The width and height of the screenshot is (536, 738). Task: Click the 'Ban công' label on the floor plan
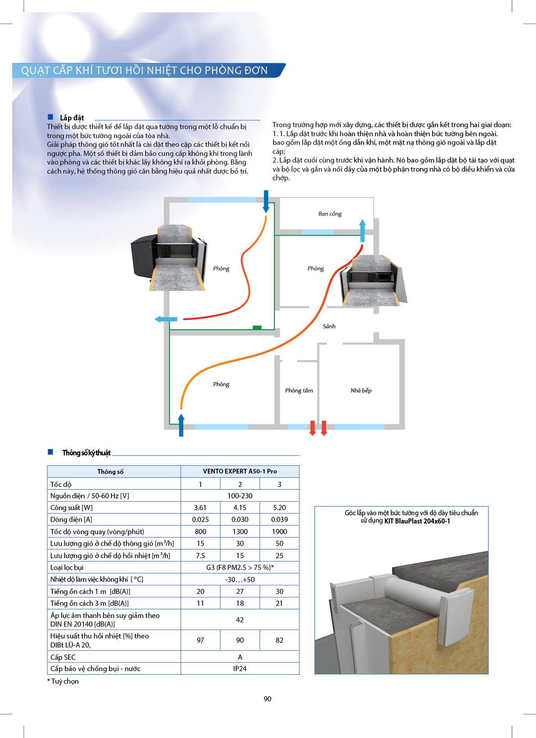pos(330,214)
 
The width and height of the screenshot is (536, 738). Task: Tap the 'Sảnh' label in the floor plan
pos(329,326)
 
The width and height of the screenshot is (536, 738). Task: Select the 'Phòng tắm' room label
pos(299,390)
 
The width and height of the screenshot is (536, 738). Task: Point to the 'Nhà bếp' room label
pos(361,390)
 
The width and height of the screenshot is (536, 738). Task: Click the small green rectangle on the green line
pos(257,327)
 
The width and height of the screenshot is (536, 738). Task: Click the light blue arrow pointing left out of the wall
pos(166,319)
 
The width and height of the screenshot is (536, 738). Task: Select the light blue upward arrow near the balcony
pos(362,230)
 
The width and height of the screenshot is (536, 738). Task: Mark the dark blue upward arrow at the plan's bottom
pos(181,425)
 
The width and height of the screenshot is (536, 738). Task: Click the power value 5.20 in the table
pos(279,508)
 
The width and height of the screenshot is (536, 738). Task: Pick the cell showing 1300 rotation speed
pos(240,532)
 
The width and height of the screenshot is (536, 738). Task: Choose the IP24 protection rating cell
pos(240,669)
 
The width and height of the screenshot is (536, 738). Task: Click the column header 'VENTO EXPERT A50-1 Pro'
pos(240,472)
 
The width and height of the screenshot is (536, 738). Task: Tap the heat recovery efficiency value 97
pos(200,640)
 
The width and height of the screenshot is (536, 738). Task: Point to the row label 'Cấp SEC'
pos(63,657)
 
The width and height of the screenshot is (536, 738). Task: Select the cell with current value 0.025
pos(200,520)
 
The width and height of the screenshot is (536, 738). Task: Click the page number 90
pos(268,699)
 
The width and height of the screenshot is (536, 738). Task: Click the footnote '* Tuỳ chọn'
pos(63,681)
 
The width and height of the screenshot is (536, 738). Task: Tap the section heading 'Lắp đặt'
pos(72,118)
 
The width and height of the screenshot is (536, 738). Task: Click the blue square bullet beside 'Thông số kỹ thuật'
pos(50,452)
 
